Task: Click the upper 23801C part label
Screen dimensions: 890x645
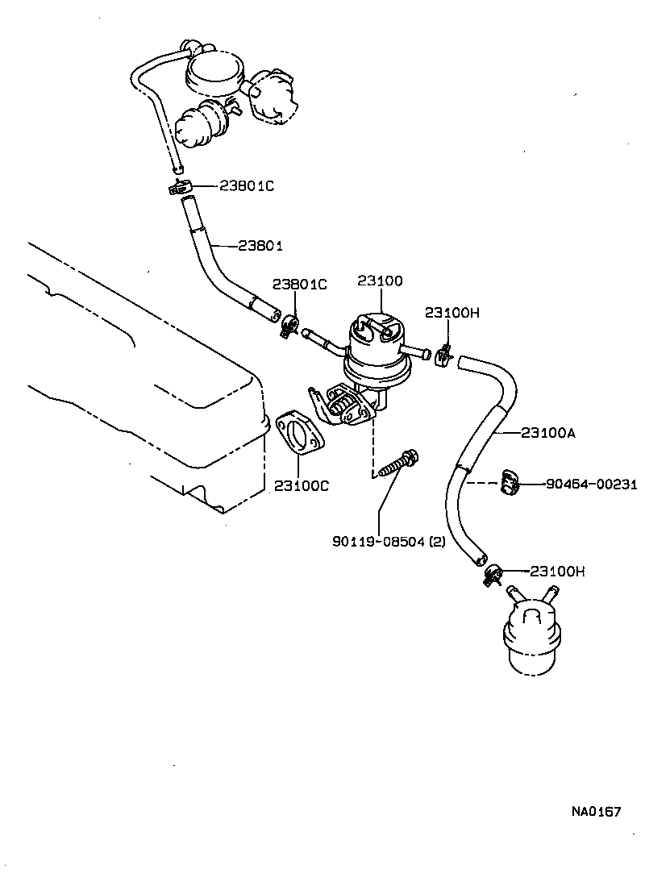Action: point(247,186)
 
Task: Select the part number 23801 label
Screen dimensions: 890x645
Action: point(261,245)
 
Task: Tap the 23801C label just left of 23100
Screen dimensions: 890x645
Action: point(299,284)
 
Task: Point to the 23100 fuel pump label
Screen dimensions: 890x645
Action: point(381,281)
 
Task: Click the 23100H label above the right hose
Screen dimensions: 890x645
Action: point(452,312)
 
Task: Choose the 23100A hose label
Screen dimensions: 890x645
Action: point(548,433)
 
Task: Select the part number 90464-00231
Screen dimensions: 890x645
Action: point(591,485)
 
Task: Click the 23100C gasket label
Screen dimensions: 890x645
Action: point(301,485)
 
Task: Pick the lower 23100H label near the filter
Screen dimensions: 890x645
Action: point(557,571)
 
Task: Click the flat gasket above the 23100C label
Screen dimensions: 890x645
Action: point(299,435)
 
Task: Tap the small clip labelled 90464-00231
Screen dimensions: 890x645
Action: point(509,481)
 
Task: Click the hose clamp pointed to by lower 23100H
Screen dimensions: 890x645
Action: point(493,574)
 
